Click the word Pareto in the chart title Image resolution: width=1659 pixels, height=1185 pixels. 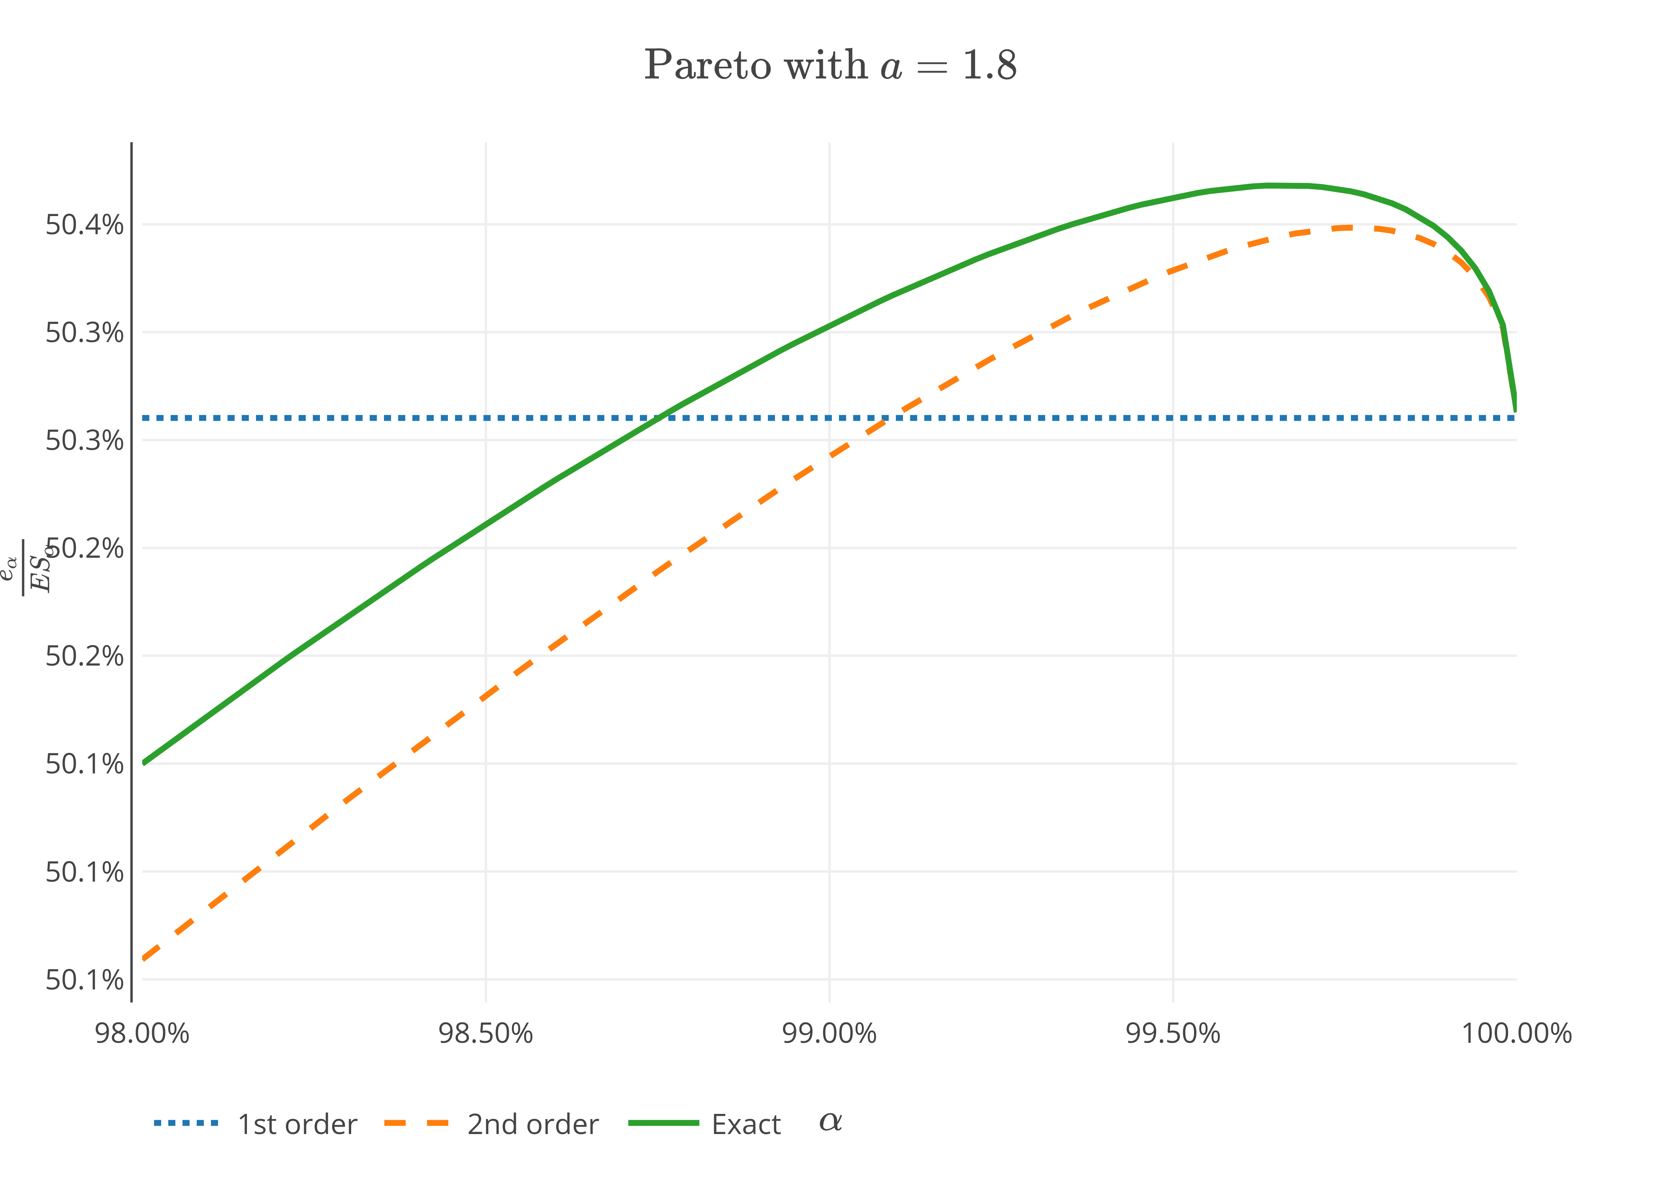(x=706, y=66)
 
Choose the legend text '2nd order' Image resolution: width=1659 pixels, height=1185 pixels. (x=532, y=1125)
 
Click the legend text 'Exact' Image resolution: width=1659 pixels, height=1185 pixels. (x=746, y=1125)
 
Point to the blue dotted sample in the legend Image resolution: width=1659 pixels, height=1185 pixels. (x=186, y=1123)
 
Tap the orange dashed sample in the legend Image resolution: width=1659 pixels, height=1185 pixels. (x=417, y=1123)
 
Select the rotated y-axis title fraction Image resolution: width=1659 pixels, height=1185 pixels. (x=29, y=567)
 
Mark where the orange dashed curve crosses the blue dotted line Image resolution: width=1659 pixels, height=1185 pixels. (x=885, y=418)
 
